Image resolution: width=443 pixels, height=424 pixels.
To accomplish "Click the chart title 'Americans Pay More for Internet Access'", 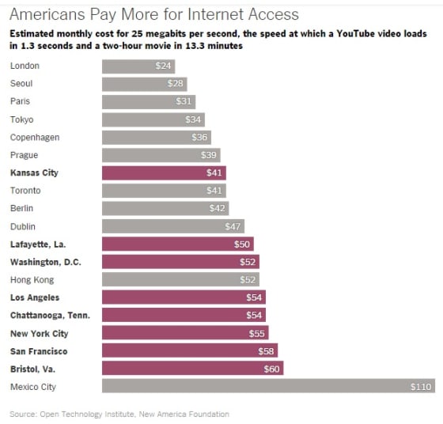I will pos(154,14).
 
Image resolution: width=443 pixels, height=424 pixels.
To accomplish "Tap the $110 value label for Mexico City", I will pos(422,387).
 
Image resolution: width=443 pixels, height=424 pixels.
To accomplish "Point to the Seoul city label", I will pos(21,83).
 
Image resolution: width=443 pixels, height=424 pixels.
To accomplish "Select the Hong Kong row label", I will pos(32,279).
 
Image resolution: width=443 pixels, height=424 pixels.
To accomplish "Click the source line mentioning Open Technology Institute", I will pos(119,414).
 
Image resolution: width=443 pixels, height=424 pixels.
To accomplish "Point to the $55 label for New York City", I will pos(258,333).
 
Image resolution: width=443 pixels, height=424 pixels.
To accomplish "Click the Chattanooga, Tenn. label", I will pos(49,315).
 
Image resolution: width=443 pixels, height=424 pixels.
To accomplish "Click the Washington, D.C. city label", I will pos(45,262).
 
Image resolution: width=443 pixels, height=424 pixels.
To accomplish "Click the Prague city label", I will pos(24,155).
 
